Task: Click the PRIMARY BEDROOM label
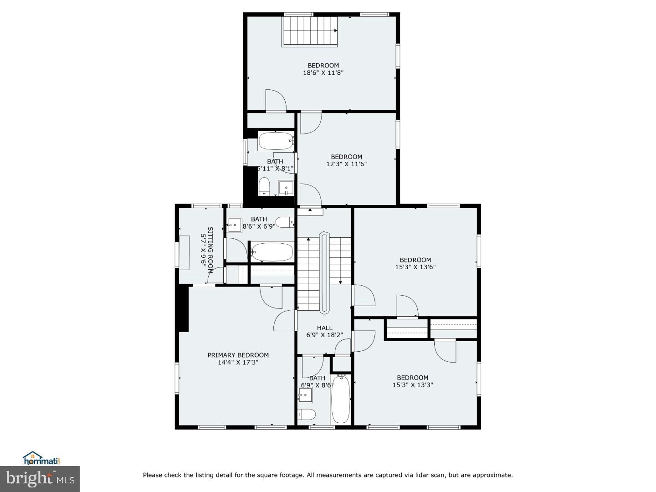[238, 355]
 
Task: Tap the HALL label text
[324, 328]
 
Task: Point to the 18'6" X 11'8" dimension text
[323, 72]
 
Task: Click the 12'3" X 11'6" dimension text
[346, 164]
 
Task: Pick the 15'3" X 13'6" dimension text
[415, 267]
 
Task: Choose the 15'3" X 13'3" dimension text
[412, 384]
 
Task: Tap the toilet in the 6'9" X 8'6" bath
[307, 414]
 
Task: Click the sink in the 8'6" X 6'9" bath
[235, 224]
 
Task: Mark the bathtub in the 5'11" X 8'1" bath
[276, 141]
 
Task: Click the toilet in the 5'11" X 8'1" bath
[264, 186]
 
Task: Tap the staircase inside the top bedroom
[310, 31]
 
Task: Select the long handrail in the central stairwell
[324, 273]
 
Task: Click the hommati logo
[41, 458]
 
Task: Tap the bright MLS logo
[40, 479]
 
